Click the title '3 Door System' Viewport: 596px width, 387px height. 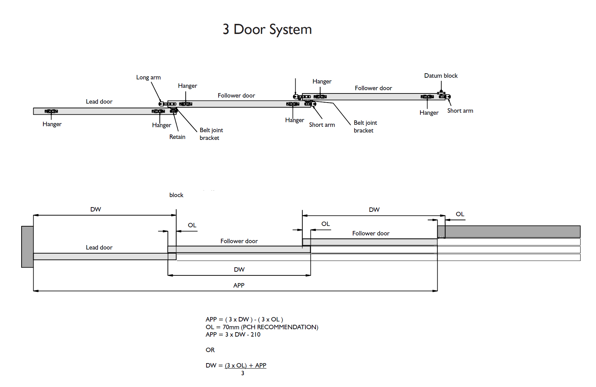click(267, 30)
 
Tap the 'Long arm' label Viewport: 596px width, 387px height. click(148, 77)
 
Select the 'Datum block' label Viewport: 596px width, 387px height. click(441, 76)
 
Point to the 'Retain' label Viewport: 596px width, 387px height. click(177, 137)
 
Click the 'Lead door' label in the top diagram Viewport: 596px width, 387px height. click(99, 102)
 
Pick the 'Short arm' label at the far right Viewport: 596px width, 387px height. click(460, 111)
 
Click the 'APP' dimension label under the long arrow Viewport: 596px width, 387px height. click(239, 285)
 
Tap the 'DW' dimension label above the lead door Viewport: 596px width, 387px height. click(96, 209)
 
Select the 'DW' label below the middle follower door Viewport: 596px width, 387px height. click(239, 270)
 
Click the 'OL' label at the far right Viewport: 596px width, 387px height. click(460, 214)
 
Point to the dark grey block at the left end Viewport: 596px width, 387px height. click(27, 247)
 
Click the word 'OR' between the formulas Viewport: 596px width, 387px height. click(210, 350)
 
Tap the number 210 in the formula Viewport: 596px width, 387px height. click(256, 335)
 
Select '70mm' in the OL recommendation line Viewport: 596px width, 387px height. click(231, 327)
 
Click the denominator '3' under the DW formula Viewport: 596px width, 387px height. click(243, 373)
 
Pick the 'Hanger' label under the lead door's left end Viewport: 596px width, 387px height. click(52, 124)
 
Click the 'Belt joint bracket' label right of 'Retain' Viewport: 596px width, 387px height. click(211, 134)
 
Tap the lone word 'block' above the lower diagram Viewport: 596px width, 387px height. click(176, 195)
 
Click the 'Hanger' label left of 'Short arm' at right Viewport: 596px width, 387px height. click(429, 113)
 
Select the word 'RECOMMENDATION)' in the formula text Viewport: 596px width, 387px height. click(288, 327)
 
